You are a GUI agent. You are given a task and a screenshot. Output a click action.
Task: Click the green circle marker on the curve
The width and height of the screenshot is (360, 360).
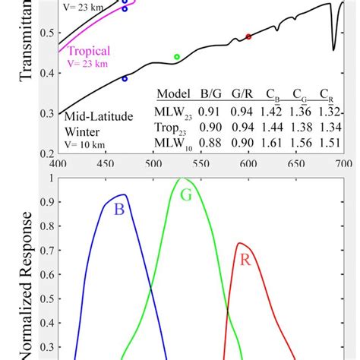point(177,57)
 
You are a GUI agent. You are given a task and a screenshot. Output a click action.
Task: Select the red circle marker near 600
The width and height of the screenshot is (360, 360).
point(248,36)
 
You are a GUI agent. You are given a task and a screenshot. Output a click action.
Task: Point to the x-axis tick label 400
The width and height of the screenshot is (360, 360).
point(58,163)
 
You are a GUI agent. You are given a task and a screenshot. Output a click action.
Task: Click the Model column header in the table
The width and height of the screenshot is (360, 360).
point(172,93)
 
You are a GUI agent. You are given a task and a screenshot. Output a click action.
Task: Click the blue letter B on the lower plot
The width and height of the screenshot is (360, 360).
point(119,210)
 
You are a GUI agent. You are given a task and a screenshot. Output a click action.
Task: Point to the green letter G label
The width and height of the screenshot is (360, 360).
point(186,194)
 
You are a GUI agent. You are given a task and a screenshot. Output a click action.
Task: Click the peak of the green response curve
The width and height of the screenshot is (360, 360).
point(182,179)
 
